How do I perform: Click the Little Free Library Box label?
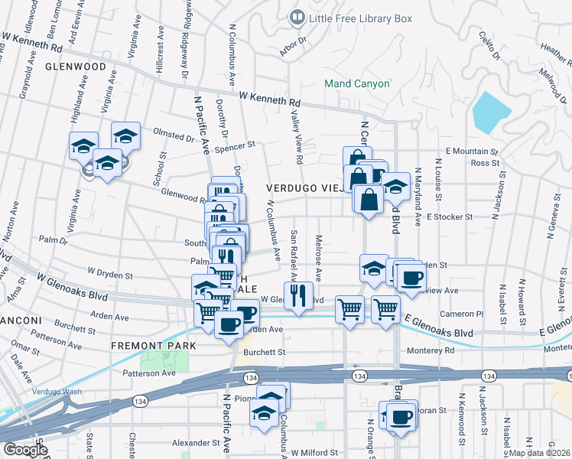[360, 17]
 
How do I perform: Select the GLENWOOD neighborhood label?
[75, 67]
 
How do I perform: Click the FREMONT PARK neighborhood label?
[153, 346]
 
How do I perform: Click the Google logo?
[24, 450]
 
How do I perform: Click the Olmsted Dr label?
[174, 138]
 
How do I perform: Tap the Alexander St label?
[196, 442]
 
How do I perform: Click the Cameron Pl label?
[466, 314]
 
